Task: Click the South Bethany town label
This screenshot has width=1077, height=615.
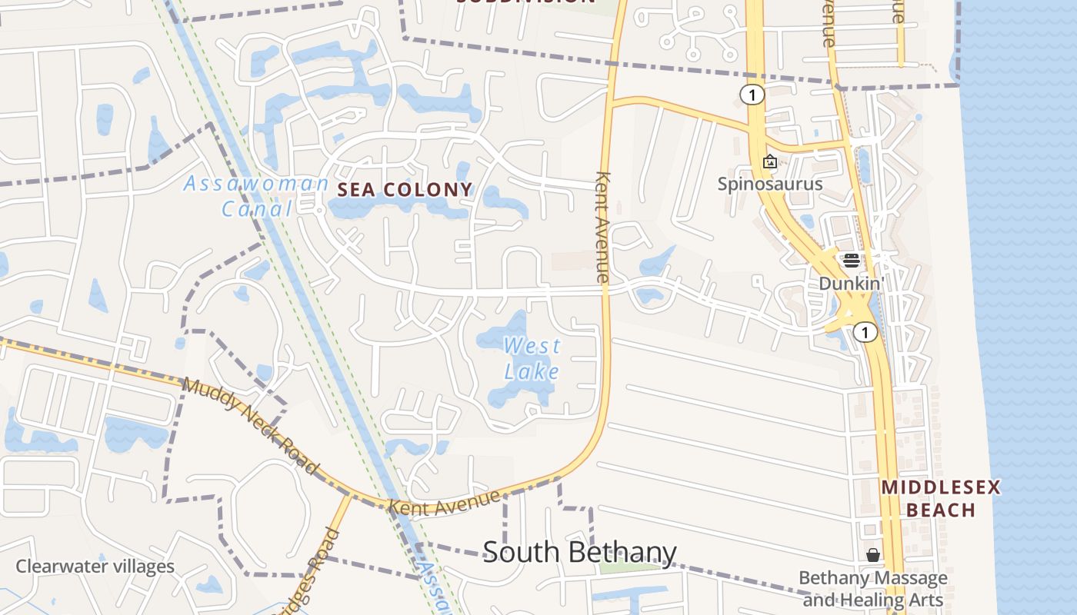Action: coord(579,553)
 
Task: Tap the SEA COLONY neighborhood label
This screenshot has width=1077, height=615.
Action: coord(405,190)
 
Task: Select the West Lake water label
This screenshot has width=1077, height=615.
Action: coord(532,358)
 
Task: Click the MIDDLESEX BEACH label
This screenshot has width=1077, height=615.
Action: coord(941,498)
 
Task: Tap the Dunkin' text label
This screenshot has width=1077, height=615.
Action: coord(849,283)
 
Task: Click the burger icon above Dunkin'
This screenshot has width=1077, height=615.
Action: coord(851,260)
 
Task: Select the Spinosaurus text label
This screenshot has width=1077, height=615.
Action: coord(770,184)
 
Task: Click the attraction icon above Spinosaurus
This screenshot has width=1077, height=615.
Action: coord(769,161)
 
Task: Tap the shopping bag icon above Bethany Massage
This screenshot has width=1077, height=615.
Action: coord(873,554)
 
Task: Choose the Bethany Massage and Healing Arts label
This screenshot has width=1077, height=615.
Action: coord(873,588)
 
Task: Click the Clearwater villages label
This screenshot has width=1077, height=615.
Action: coord(95,567)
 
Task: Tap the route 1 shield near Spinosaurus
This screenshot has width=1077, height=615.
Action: coord(752,95)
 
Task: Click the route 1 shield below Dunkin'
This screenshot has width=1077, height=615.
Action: coord(865,332)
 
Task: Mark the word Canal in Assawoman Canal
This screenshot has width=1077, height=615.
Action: coord(257,208)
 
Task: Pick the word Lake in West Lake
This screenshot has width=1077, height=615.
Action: coord(532,371)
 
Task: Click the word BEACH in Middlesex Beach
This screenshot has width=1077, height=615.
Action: coord(941,510)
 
